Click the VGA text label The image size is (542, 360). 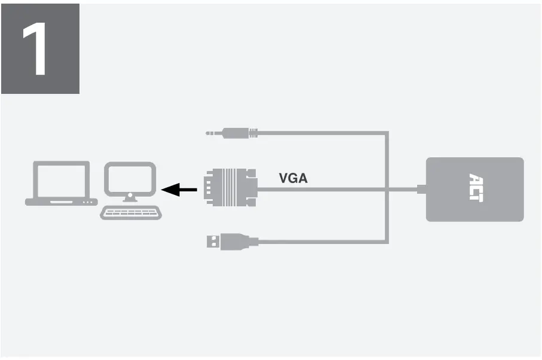click(x=293, y=178)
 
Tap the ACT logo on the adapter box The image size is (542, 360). click(x=475, y=188)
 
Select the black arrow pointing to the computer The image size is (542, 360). click(x=179, y=190)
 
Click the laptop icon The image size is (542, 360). click(x=61, y=183)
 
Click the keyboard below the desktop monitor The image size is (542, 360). click(x=131, y=212)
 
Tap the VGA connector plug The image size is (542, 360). click(x=229, y=188)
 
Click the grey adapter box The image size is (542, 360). click(x=474, y=189)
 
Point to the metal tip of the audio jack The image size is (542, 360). click(x=213, y=133)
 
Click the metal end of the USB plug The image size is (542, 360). click(x=212, y=242)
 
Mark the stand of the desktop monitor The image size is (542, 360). click(x=131, y=198)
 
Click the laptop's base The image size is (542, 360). click(x=61, y=202)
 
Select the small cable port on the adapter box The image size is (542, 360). click(x=422, y=190)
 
